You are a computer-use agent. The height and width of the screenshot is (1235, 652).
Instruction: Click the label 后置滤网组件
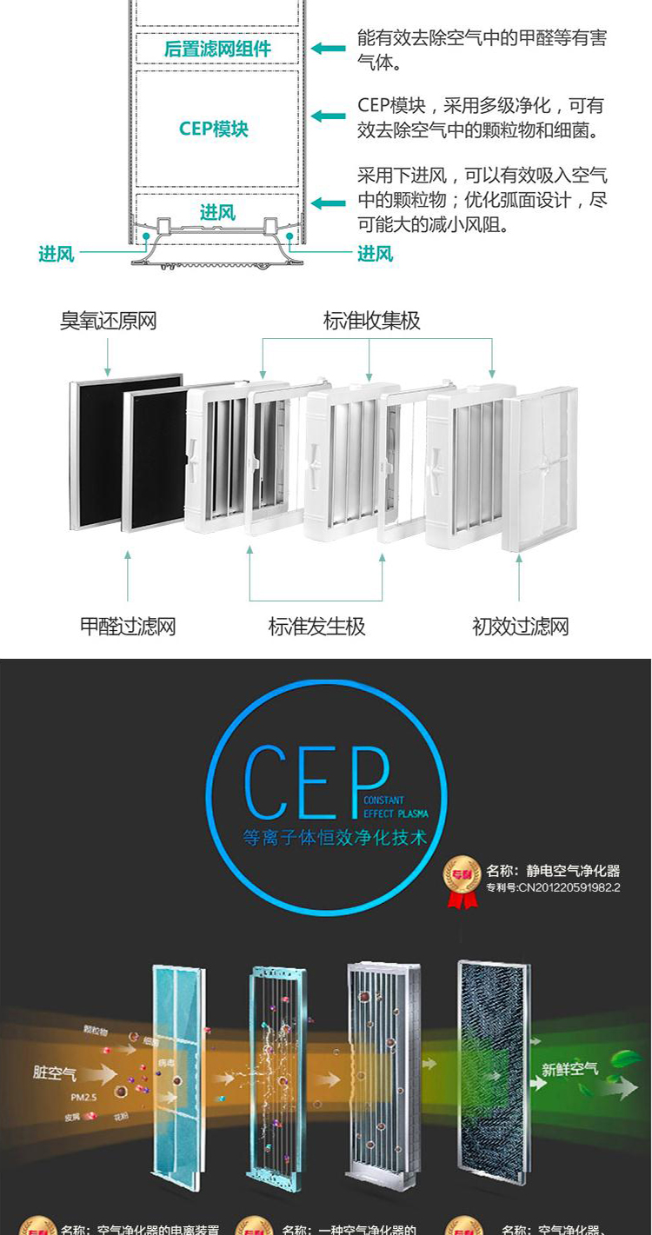(217, 49)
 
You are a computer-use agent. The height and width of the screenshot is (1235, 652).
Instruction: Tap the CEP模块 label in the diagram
(214, 129)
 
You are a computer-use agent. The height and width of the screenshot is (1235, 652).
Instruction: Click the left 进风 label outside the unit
(57, 254)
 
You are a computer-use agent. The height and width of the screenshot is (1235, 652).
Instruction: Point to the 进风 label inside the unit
(217, 212)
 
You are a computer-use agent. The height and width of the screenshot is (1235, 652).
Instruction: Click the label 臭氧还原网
(108, 321)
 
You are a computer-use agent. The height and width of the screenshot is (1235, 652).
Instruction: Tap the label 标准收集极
(371, 321)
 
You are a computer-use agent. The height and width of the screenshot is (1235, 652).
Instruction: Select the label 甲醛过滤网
(128, 626)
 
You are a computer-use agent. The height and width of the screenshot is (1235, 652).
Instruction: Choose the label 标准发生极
(316, 626)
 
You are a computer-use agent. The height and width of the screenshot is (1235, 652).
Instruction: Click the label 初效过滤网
(520, 626)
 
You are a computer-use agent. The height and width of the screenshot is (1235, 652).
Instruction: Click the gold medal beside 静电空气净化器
(462, 879)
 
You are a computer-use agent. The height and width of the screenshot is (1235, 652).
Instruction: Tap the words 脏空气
(55, 1072)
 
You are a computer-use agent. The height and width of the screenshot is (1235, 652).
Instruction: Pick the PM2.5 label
(84, 1098)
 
